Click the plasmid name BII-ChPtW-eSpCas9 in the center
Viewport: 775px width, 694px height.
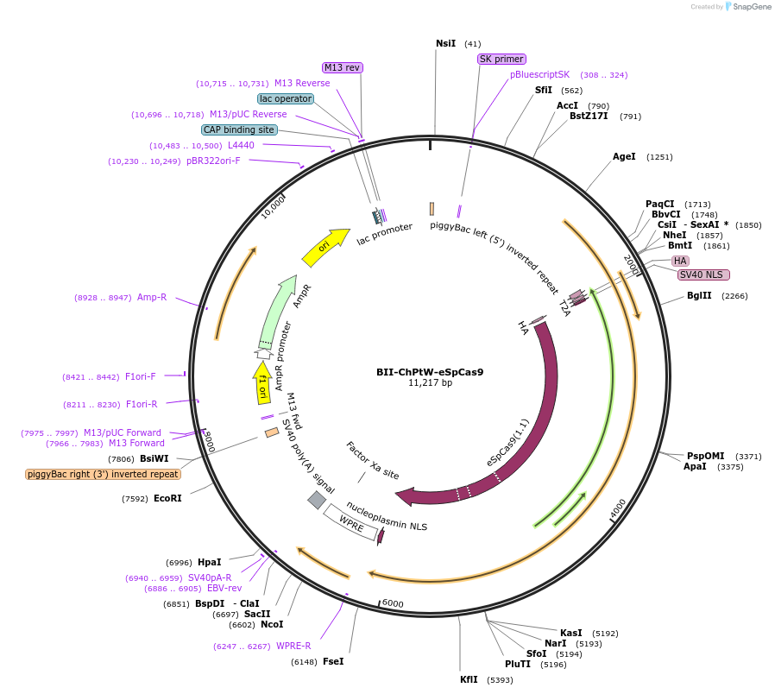tap(429, 372)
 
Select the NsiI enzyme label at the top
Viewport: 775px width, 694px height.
tap(445, 43)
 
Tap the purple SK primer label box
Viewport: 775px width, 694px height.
tap(501, 59)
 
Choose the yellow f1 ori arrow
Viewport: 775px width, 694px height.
tap(261, 383)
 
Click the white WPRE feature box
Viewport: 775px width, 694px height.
tap(351, 523)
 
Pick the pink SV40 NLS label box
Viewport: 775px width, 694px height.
tap(703, 274)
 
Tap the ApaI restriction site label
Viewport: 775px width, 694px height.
tap(695, 467)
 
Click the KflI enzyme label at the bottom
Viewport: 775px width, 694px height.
tap(469, 679)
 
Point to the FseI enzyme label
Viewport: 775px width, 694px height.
tap(333, 662)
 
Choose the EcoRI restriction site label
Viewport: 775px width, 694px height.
tap(167, 498)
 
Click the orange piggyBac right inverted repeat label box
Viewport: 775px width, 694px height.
tap(103, 474)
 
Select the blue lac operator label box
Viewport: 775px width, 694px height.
tap(286, 98)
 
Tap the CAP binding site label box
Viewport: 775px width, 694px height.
tap(239, 129)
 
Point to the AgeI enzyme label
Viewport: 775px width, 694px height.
tap(624, 156)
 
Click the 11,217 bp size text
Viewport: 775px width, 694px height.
tap(430, 383)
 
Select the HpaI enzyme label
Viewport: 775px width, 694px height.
tap(210, 562)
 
